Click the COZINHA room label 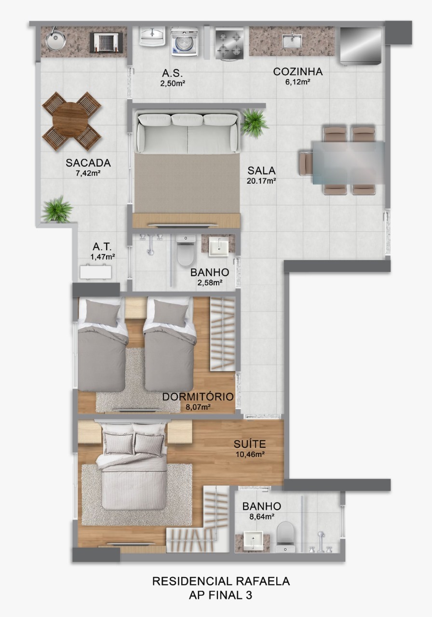(297, 72)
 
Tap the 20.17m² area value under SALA (261, 181)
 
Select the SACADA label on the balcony (88, 163)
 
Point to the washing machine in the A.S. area (185, 42)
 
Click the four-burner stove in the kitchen (229, 43)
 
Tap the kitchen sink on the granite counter (292, 41)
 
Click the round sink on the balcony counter (56, 40)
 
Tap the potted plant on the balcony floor (57, 210)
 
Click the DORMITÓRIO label (198, 397)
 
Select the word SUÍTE (249, 443)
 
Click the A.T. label (102, 247)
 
